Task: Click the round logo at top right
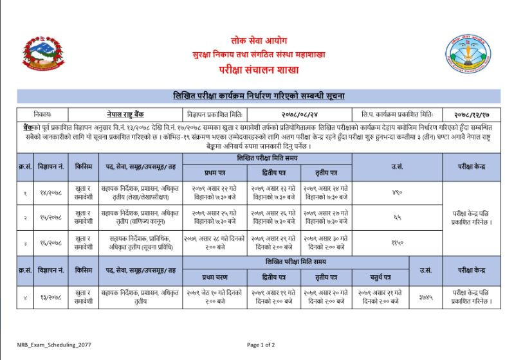[x=469, y=54]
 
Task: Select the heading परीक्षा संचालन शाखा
[x=257, y=69]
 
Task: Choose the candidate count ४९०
[x=397, y=192]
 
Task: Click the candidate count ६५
[x=397, y=217]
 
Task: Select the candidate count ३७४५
[x=425, y=296]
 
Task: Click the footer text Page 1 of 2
[x=261, y=345]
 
